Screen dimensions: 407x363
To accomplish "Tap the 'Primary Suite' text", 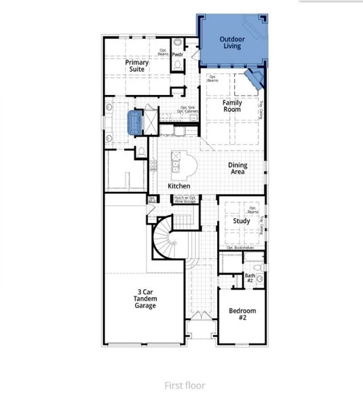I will pyautogui.click(x=137, y=66).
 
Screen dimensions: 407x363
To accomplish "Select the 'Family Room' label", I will pyautogui.click(x=233, y=106).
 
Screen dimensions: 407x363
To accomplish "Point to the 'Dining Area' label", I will pyautogui.click(x=237, y=168).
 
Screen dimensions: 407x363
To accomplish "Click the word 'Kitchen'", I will pyautogui.click(x=179, y=187).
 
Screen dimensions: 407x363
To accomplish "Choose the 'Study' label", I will pyautogui.click(x=242, y=221).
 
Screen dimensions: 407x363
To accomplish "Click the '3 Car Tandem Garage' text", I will pyautogui.click(x=144, y=299).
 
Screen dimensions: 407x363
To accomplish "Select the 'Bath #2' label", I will pyautogui.click(x=249, y=278).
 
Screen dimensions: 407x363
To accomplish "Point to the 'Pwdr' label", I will pyautogui.click(x=178, y=54).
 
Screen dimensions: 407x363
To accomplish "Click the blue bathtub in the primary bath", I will pyautogui.click(x=134, y=122).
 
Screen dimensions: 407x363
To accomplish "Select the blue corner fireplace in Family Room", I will pyautogui.click(x=254, y=80).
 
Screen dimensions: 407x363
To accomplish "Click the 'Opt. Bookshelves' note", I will pyautogui.click(x=240, y=248).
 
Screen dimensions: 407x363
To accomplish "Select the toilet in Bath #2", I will pyautogui.click(x=259, y=279).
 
